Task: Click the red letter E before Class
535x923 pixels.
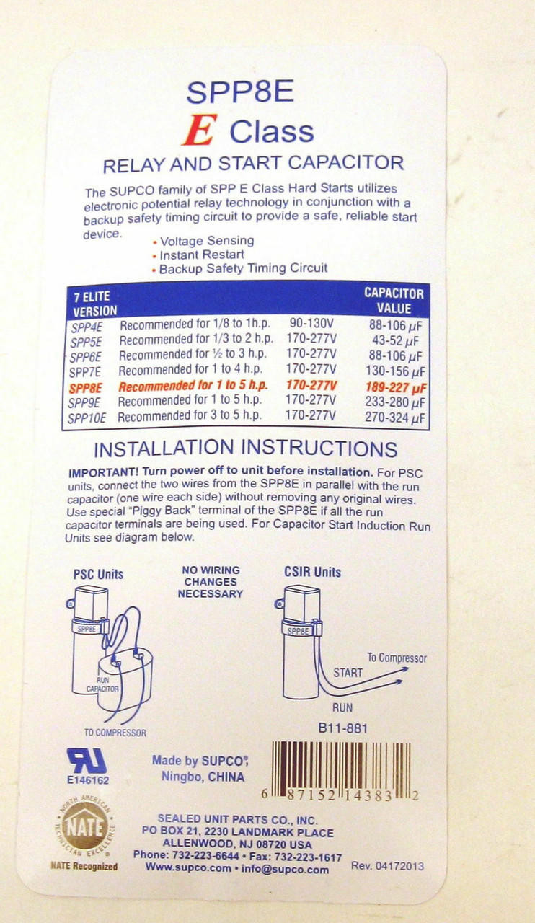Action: [x=200, y=131]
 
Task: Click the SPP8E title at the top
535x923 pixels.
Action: [x=240, y=92]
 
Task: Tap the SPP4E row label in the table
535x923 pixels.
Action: [x=87, y=327]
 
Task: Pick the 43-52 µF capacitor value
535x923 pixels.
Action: [x=395, y=341]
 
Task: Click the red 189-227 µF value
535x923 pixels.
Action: [x=396, y=387]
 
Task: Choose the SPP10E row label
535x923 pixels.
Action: [x=87, y=419]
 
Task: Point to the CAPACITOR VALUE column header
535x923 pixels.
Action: [x=394, y=301]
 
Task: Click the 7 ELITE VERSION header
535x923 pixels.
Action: [x=94, y=304]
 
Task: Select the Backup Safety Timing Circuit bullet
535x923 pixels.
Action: [x=240, y=269]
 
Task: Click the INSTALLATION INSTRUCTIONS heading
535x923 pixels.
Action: [x=246, y=449]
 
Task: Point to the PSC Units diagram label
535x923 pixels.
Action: [x=98, y=575]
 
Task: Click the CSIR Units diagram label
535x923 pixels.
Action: [x=312, y=572]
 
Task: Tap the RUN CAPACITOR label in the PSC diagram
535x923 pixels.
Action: [x=102, y=684]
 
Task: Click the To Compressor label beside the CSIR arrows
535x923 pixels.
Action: [x=397, y=658]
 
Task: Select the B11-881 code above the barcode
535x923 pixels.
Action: [x=342, y=728]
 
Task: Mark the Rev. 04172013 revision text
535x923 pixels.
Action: [x=387, y=866]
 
